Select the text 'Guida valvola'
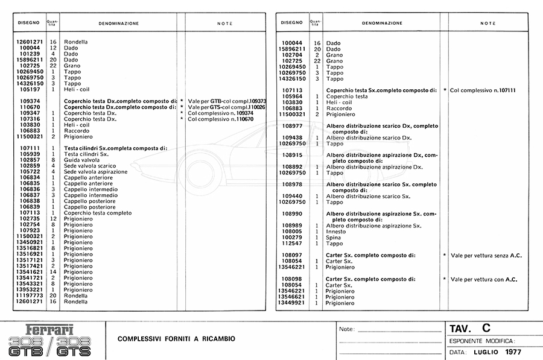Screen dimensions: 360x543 tap(82, 160)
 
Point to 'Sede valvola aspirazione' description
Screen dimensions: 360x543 tap(95, 171)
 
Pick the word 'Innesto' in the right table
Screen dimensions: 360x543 tap(336, 232)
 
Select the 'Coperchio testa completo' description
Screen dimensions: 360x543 tap(98, 213)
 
